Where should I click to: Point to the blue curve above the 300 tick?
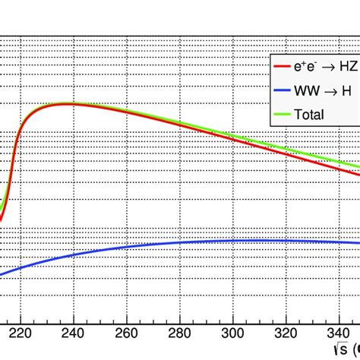click(232, 241)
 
